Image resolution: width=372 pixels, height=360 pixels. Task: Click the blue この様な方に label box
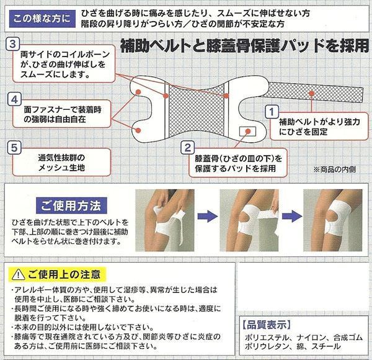click(x=42, y=19)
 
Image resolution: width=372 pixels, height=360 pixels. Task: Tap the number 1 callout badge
click(x=272, y=112)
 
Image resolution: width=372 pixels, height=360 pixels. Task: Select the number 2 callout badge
click(x=188, y=148)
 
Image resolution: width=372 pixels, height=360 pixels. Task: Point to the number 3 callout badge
click(x=13, y=44)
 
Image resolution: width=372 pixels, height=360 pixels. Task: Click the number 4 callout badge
click(x=14, y=99)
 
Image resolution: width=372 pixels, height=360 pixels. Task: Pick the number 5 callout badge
click(x=14, y=148)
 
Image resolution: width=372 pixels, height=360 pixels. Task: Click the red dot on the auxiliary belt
click(x=312, y=93)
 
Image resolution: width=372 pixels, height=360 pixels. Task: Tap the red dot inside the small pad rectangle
click(x=248, y=131)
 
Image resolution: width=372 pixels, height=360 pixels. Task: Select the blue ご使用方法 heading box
click(x=71, y=205)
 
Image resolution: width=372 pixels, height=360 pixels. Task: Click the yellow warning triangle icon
click(x=18, y=275)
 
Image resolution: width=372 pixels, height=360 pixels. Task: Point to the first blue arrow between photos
click(x=208, y=216)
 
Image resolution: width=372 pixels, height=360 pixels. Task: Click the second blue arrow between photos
click(x=292, y=216)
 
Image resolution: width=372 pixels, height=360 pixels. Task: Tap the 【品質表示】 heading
click(x=267, y=325)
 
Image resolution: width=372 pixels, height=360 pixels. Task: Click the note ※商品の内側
click(x=335, y=169)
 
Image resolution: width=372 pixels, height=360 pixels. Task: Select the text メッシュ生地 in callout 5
click(x=61, y=168)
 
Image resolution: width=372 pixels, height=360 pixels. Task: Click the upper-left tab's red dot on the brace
click(x=138, y=92)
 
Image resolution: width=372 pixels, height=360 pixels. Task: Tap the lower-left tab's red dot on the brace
click(x=138, y=130)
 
